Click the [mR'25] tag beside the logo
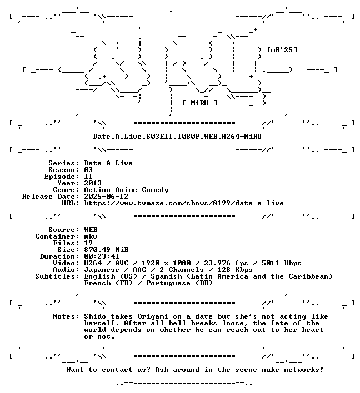[x=282, y=50]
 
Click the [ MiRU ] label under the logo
[x=200, y=103]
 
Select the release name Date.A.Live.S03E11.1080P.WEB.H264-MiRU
[x=177, y=137]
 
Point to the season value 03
[x=88, y=170]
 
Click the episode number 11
[x=88, y=177]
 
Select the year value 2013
[x=93, y=183]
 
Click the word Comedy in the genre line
[x=156, y=190]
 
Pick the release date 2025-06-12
[x=106, y=196]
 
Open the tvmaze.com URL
[x=184, y=203]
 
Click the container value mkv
[x=91, y=236]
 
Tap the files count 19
[x=88, y=243]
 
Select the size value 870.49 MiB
[x=106, y=250]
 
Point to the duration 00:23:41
[x=102, y=256]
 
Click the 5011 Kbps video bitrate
[x=282, y=263]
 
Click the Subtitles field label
[x=57, y=276]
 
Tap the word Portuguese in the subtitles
[x=168, y=283]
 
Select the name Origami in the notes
[x=153, y=317]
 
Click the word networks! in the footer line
[x=304, y=370]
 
